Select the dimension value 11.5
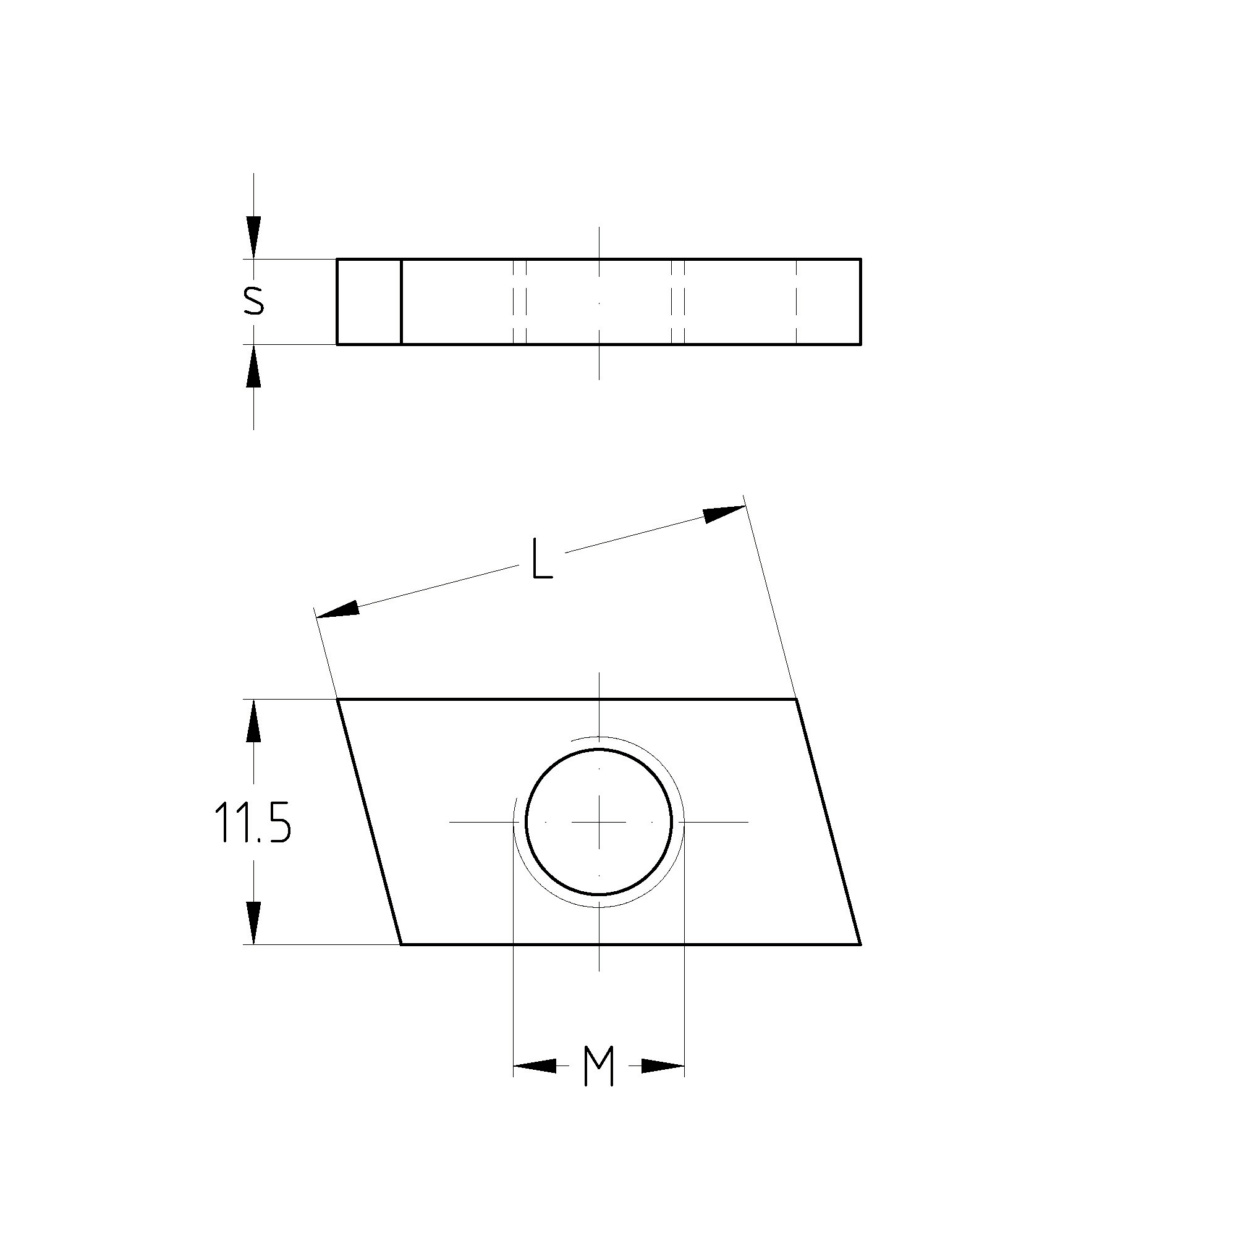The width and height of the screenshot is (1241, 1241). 252,823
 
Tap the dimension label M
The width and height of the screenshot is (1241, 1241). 599,1067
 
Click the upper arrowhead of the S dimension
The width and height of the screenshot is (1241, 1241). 254,239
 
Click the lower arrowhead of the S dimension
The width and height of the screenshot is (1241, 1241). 254,366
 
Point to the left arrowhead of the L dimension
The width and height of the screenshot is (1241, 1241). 337,609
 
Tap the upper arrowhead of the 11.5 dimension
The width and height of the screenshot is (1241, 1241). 254,720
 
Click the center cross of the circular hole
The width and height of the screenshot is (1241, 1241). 599,821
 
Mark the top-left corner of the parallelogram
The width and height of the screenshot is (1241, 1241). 338,698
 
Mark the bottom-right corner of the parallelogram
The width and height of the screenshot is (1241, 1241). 860,944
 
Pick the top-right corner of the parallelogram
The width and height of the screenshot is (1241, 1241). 797,698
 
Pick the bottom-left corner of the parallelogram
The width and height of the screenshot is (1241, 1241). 402,944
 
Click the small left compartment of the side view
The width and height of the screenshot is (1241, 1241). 369,302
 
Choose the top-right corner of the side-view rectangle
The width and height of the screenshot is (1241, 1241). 860,260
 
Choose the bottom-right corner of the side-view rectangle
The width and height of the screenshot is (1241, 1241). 860,344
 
